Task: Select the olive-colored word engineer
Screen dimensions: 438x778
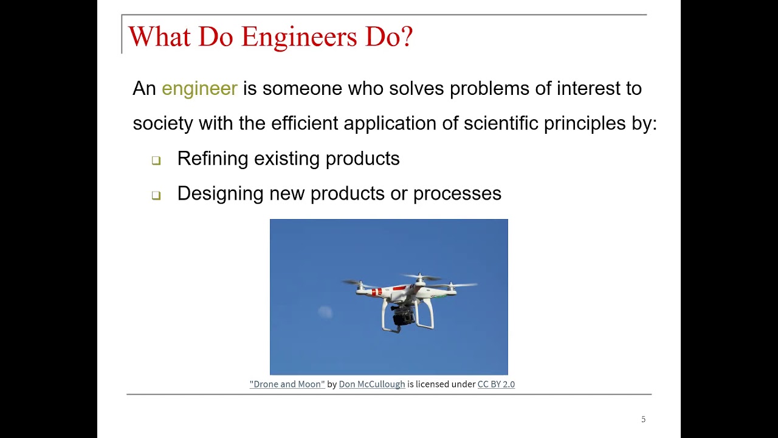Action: pyautogui.click(x=199, y=89)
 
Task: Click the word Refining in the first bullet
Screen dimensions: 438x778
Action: pyautogui.click(x=213, y=159)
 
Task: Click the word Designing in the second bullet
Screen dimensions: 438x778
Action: pyautogui.click(x=220, y=194)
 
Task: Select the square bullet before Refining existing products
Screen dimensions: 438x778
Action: pyautogui.click(x=156, y=161)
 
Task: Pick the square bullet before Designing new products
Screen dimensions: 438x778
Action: pyautogui.click(x=156, y=196)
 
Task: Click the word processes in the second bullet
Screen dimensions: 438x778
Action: pyautogui.click(x=457, y=194)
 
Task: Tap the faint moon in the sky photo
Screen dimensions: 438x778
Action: pyautogui.click(x=325, y=312)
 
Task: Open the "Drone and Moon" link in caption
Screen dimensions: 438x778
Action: pyautogui.click(x=287, y=384)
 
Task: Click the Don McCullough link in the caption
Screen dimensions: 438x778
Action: pyautogui.click(x=371, y=384)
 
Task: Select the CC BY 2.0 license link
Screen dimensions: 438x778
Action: pyautogui.click(x=496, y=384)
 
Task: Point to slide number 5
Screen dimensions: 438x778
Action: pyautogui.click(x=643, y=420)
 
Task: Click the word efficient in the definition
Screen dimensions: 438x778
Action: pyautogui.click(x=305, y=123)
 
